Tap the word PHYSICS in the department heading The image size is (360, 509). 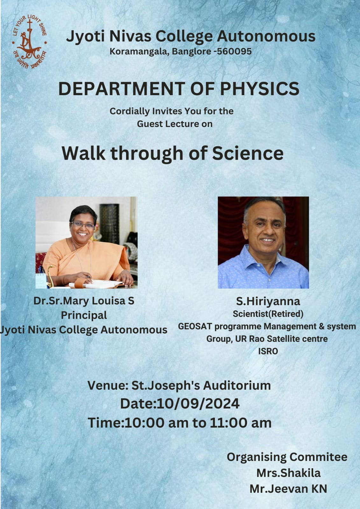pyautogui.click(x=259, y=89)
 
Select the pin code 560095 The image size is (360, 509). pyautogui.click(x=234, y=51)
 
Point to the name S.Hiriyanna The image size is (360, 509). pyautogui.click(x=268, y=302)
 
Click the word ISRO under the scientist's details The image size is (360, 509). pyautogui.click(x=268, y=351)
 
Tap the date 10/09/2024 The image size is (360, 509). pyautogui.click(x=198, y=404)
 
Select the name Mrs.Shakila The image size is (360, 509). pyautogui.click(x=288, y=473)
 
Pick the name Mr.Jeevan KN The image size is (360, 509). pyautogui.click(x=288, y=489)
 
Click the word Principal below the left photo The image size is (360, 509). pyautogui.click(x=84, y=315)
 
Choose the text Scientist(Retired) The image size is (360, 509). pyautogui.click(x=268, y=314)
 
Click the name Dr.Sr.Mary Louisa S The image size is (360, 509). pyautogui.click(x=84, y=301)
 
